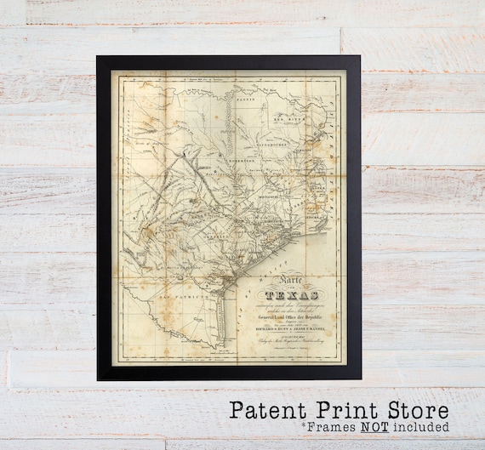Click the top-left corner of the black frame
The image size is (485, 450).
[98, 57]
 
